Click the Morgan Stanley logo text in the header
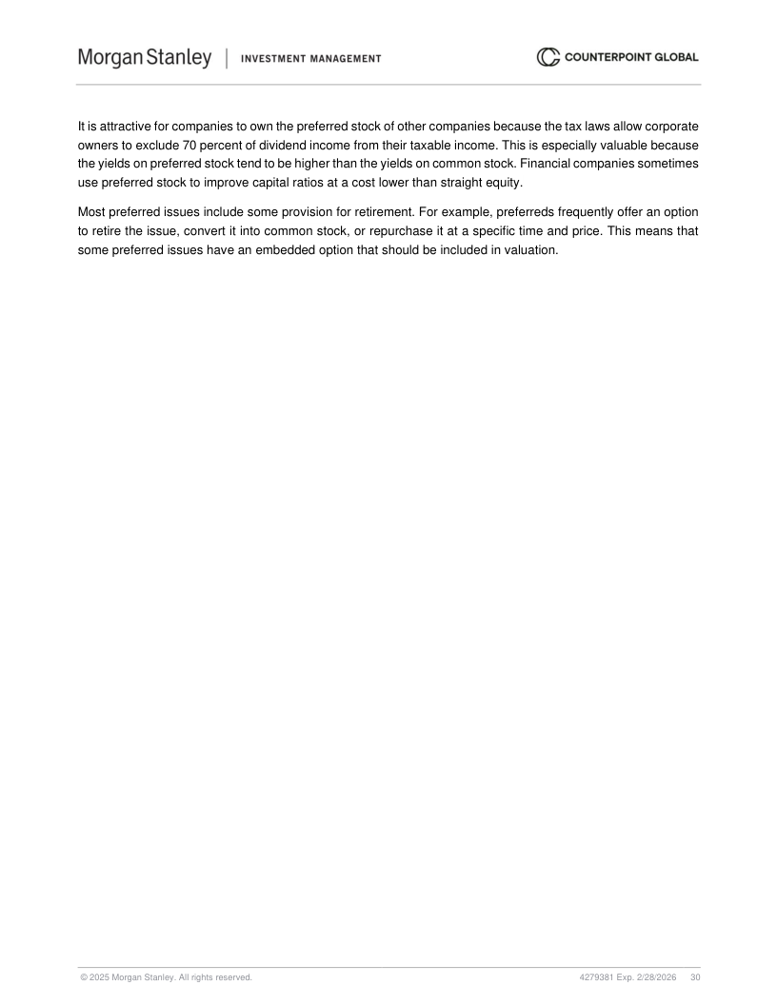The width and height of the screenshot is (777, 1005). [144, 58]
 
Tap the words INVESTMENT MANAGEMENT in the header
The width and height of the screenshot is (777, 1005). [311, 59]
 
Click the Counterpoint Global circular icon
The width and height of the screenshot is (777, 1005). [548, 58]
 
